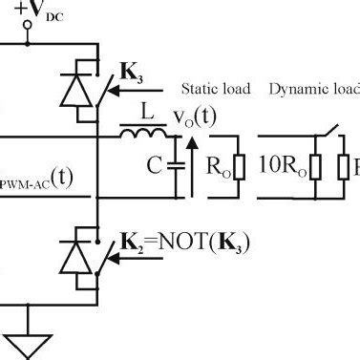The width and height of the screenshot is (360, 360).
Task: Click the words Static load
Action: coord(216,89)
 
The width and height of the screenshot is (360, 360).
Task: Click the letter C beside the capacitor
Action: coord(154,167)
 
